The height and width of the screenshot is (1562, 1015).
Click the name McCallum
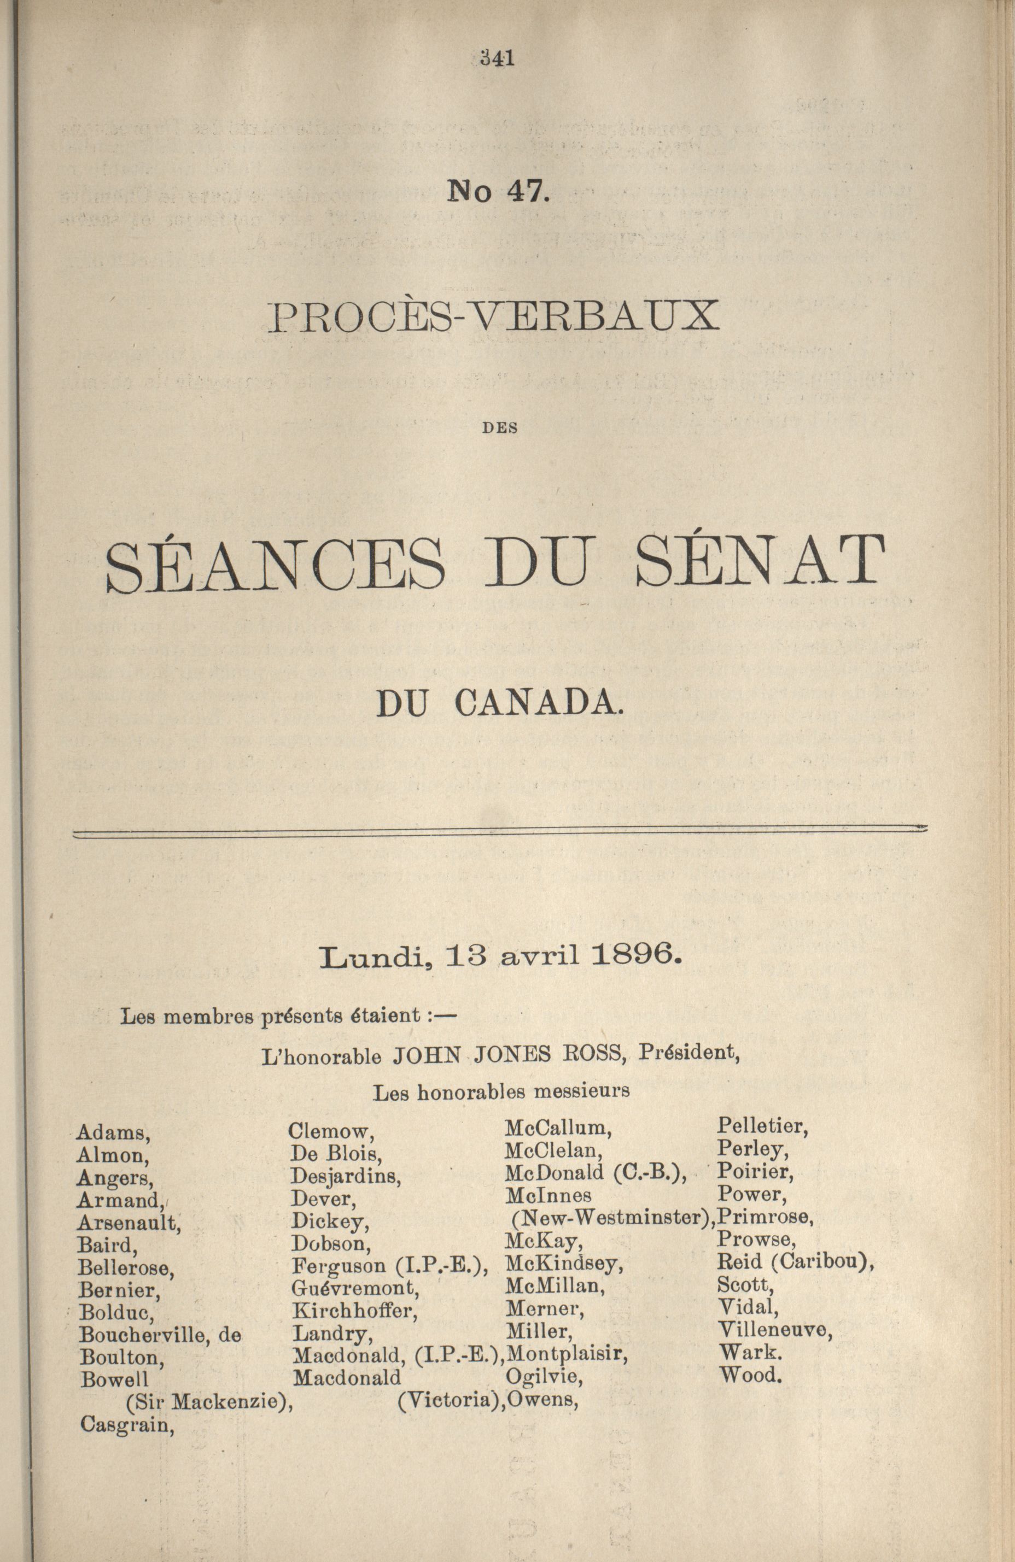(x=558, y=1128)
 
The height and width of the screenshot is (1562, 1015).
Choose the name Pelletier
(x=762, y=1126)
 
